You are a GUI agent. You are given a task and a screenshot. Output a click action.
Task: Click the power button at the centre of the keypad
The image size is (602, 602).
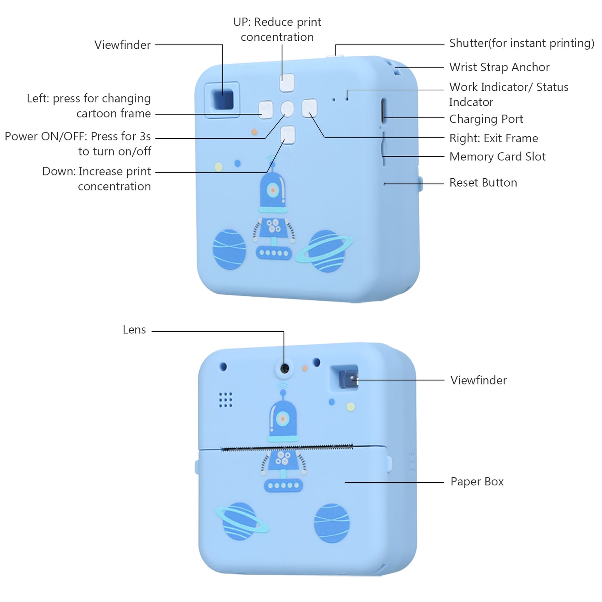pyautogui.click(x=287, y=109)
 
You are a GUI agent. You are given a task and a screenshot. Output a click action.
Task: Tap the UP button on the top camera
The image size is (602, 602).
pyautogui.click(x=287, y=82)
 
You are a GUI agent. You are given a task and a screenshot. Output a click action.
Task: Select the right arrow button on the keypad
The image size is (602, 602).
pyautogui.click(x=309, y=108)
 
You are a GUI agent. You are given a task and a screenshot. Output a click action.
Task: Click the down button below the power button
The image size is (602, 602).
pyautogui.click(x=287, y=135)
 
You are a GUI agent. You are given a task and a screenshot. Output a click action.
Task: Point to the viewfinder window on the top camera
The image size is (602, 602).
pyautogui.click(x=223, y=100)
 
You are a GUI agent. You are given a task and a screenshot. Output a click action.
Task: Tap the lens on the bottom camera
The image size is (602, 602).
pyautogui.click(x=285, y=368)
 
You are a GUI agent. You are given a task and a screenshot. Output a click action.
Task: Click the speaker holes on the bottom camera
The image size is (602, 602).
pyautogui.click(x=225, y=400)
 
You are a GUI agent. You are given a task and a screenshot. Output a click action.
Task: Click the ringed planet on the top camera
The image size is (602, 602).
pyautogui.click(x=326, y=251)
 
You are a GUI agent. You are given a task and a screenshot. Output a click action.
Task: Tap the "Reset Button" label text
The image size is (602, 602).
pyautogui.click(x=483, y=182)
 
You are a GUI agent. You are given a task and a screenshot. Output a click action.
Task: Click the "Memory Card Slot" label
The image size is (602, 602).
pyautogui.click(x=497, y=157)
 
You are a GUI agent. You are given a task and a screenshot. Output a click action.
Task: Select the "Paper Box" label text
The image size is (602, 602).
pyautogui.click(x=477, y=482)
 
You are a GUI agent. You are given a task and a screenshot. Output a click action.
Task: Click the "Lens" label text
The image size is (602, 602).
pyautogui.click(x=134, y=330)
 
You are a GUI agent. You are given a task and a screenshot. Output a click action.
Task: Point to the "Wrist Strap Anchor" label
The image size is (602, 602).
pyautogui.click(x=499, y=67)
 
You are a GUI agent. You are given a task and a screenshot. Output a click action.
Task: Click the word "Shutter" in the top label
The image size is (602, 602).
pyautogui.click(x=468, y=43)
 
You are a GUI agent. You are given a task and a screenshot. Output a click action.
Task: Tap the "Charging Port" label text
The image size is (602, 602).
pyautogui.click(x=486, y=119)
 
